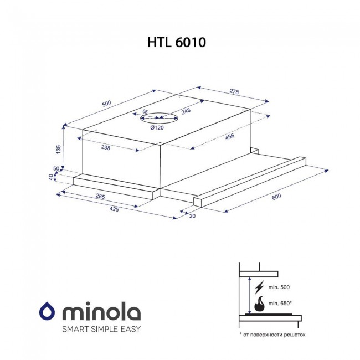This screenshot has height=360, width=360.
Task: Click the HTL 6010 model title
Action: pyautogui.click(x=177, y=43)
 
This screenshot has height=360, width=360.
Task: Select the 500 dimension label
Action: pyautogui.click(x=106, y=104)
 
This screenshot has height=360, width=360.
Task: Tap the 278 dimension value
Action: pyautogui.click(x=234, y=91)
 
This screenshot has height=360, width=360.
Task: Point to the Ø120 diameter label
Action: pyautogui.click(x=157, y=127)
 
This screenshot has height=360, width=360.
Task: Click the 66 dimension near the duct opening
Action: pyautogui.click(x=145, y=112)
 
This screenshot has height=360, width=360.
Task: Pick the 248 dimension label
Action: pyautogui.click(x=186, y=111)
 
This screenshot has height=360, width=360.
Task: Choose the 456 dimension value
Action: pyautogui.click(x=230, y=137)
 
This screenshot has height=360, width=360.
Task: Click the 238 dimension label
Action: pyautogui.click(x=106, y=148)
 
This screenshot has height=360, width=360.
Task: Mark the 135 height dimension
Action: pyautogui.click(x=59, y=149)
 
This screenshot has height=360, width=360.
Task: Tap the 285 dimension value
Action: pyautogui.click(x=100, y=197)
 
